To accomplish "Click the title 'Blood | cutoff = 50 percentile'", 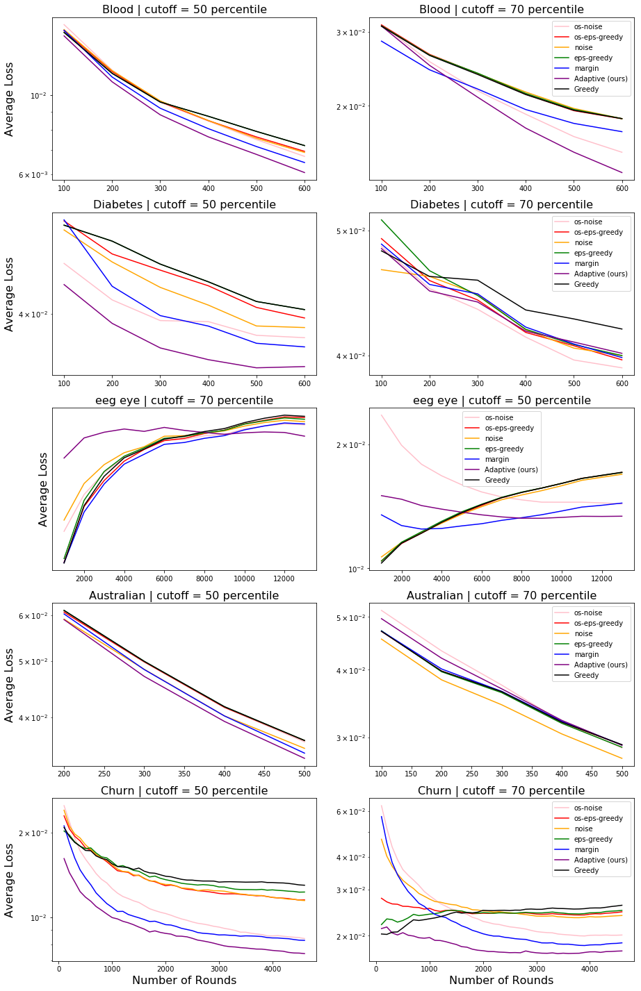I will click(x=184, y=10).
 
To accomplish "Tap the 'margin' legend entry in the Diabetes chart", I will click(x=586, y=264).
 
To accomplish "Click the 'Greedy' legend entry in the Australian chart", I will click(x=586, y=676).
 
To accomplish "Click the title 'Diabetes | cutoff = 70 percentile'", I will click(x=501, y=205).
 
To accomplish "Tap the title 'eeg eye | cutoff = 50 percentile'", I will click(x=501, y=401).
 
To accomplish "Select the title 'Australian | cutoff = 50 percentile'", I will click(x=184, y=596).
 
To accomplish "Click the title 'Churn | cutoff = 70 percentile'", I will click(x=501, y=791).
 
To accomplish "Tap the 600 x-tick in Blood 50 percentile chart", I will click(x=305, y=188).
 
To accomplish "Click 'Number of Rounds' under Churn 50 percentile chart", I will click(x=184, y=981).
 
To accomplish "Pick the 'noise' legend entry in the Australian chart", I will click(x=583, y=634).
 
